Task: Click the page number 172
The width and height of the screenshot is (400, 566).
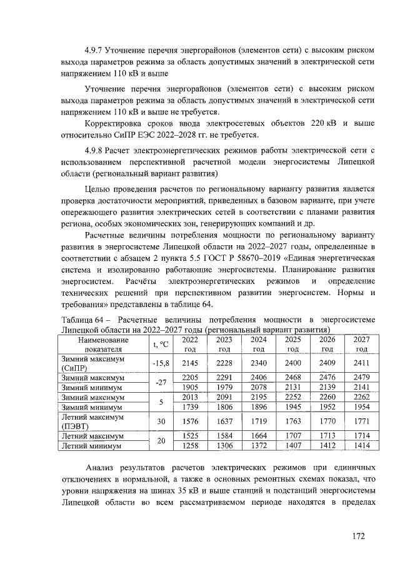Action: (357, 535)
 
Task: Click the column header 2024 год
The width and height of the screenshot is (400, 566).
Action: (258, 344)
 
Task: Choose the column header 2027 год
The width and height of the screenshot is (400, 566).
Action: (361, 344)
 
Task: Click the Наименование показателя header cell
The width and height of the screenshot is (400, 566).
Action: (104, 344)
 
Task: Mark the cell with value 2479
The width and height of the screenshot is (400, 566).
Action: (361, 377)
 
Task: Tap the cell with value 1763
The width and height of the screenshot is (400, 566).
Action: (292, 421)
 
